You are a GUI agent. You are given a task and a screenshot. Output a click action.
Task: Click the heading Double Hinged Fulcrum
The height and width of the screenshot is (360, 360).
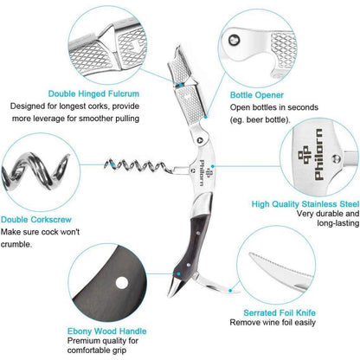tap(93, 93)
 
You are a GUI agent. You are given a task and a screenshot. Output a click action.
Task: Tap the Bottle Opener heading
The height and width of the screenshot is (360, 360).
tap(257, 95)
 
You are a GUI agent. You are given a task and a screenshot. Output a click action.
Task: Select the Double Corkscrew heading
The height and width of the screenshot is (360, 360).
tap(36, 220)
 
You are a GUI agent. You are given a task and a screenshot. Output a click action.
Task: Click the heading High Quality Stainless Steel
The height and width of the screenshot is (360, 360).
tap(305, 204)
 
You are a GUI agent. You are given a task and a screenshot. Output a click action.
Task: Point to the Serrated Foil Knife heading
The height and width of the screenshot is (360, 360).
tap(280, 312)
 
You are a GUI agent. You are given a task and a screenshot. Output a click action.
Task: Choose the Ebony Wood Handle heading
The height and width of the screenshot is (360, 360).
tap(107, 331)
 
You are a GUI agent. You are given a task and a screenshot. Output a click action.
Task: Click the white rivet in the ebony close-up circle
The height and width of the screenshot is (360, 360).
tap(122, 283)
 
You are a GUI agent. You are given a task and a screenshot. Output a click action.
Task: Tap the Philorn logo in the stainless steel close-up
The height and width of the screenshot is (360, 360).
tap(311, 154)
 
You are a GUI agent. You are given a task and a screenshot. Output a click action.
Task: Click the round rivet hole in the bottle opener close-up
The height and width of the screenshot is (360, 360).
tap(234, 40)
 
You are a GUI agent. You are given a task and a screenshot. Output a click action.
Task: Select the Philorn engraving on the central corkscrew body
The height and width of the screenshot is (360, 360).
tap(204, 172)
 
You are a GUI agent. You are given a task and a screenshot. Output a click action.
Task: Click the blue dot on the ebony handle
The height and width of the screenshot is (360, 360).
tap(179, 273)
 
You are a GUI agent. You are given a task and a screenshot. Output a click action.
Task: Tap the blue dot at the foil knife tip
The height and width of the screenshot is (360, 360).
tap(230, 291)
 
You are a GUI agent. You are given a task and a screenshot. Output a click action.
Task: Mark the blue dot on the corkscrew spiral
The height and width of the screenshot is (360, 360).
tap(112, 164)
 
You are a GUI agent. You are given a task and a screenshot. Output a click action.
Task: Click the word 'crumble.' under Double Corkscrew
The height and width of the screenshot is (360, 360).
tap(16, 244)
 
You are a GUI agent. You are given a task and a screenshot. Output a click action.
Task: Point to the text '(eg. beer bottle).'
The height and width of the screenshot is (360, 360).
tap(260, 119)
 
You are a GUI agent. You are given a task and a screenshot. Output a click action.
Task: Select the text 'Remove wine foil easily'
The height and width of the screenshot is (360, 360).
tap(273, 323)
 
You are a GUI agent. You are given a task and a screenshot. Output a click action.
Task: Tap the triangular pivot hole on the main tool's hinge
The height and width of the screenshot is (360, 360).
tap(200, 140)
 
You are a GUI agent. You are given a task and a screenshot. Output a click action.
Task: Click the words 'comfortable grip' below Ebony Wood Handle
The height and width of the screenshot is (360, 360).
tap(97, 350)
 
